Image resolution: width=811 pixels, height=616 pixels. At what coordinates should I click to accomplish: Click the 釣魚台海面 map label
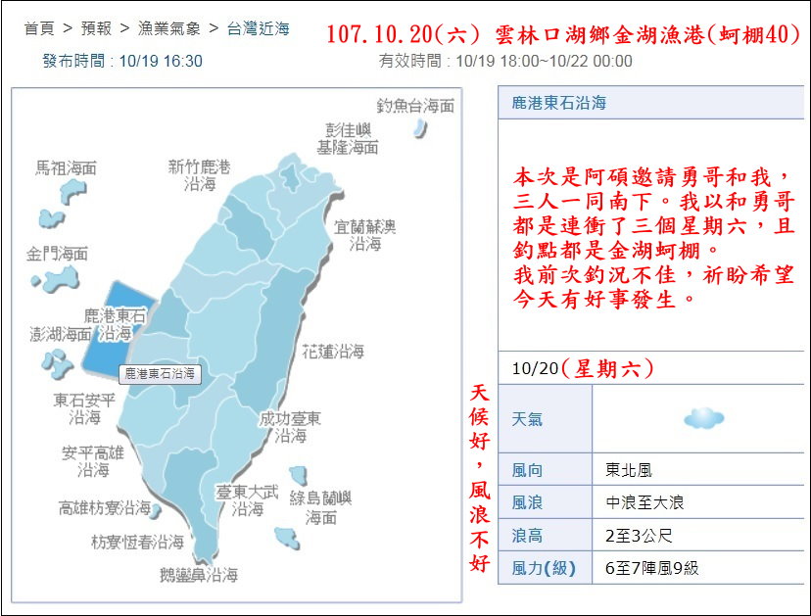pos(416,106)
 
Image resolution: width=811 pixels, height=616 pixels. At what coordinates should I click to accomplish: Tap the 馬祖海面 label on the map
pos(67,167)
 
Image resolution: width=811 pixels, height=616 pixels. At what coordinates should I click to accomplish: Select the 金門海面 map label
pos(57,255)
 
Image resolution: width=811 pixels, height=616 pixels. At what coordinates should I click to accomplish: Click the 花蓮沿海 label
pos(333,351)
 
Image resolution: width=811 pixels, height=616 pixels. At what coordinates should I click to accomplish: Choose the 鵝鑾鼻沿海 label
pos(199,576)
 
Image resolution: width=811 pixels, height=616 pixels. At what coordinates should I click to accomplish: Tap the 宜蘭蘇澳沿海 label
pos(365,235)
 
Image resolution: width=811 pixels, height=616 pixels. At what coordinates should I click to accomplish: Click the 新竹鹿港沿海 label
pos(199,175)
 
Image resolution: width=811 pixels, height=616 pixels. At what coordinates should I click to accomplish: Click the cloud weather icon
pos(703,419)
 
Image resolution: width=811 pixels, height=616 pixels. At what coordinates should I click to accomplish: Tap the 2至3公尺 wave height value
pos(639,536)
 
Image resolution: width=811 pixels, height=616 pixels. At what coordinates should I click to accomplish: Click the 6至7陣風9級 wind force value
pos(651,568)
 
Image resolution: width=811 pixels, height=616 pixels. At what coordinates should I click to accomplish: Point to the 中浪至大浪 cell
pos(644,502)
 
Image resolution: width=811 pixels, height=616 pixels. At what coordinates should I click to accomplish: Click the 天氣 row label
pos(527,419)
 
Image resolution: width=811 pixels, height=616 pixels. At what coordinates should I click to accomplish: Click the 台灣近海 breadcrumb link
pos(259,28)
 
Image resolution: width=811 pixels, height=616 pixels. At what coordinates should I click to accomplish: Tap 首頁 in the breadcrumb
pos(38,28)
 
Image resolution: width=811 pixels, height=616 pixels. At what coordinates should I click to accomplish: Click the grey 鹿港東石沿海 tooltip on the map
pos(160,374)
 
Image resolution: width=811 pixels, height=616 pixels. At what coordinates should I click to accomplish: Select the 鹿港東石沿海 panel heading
pos(558,103)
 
